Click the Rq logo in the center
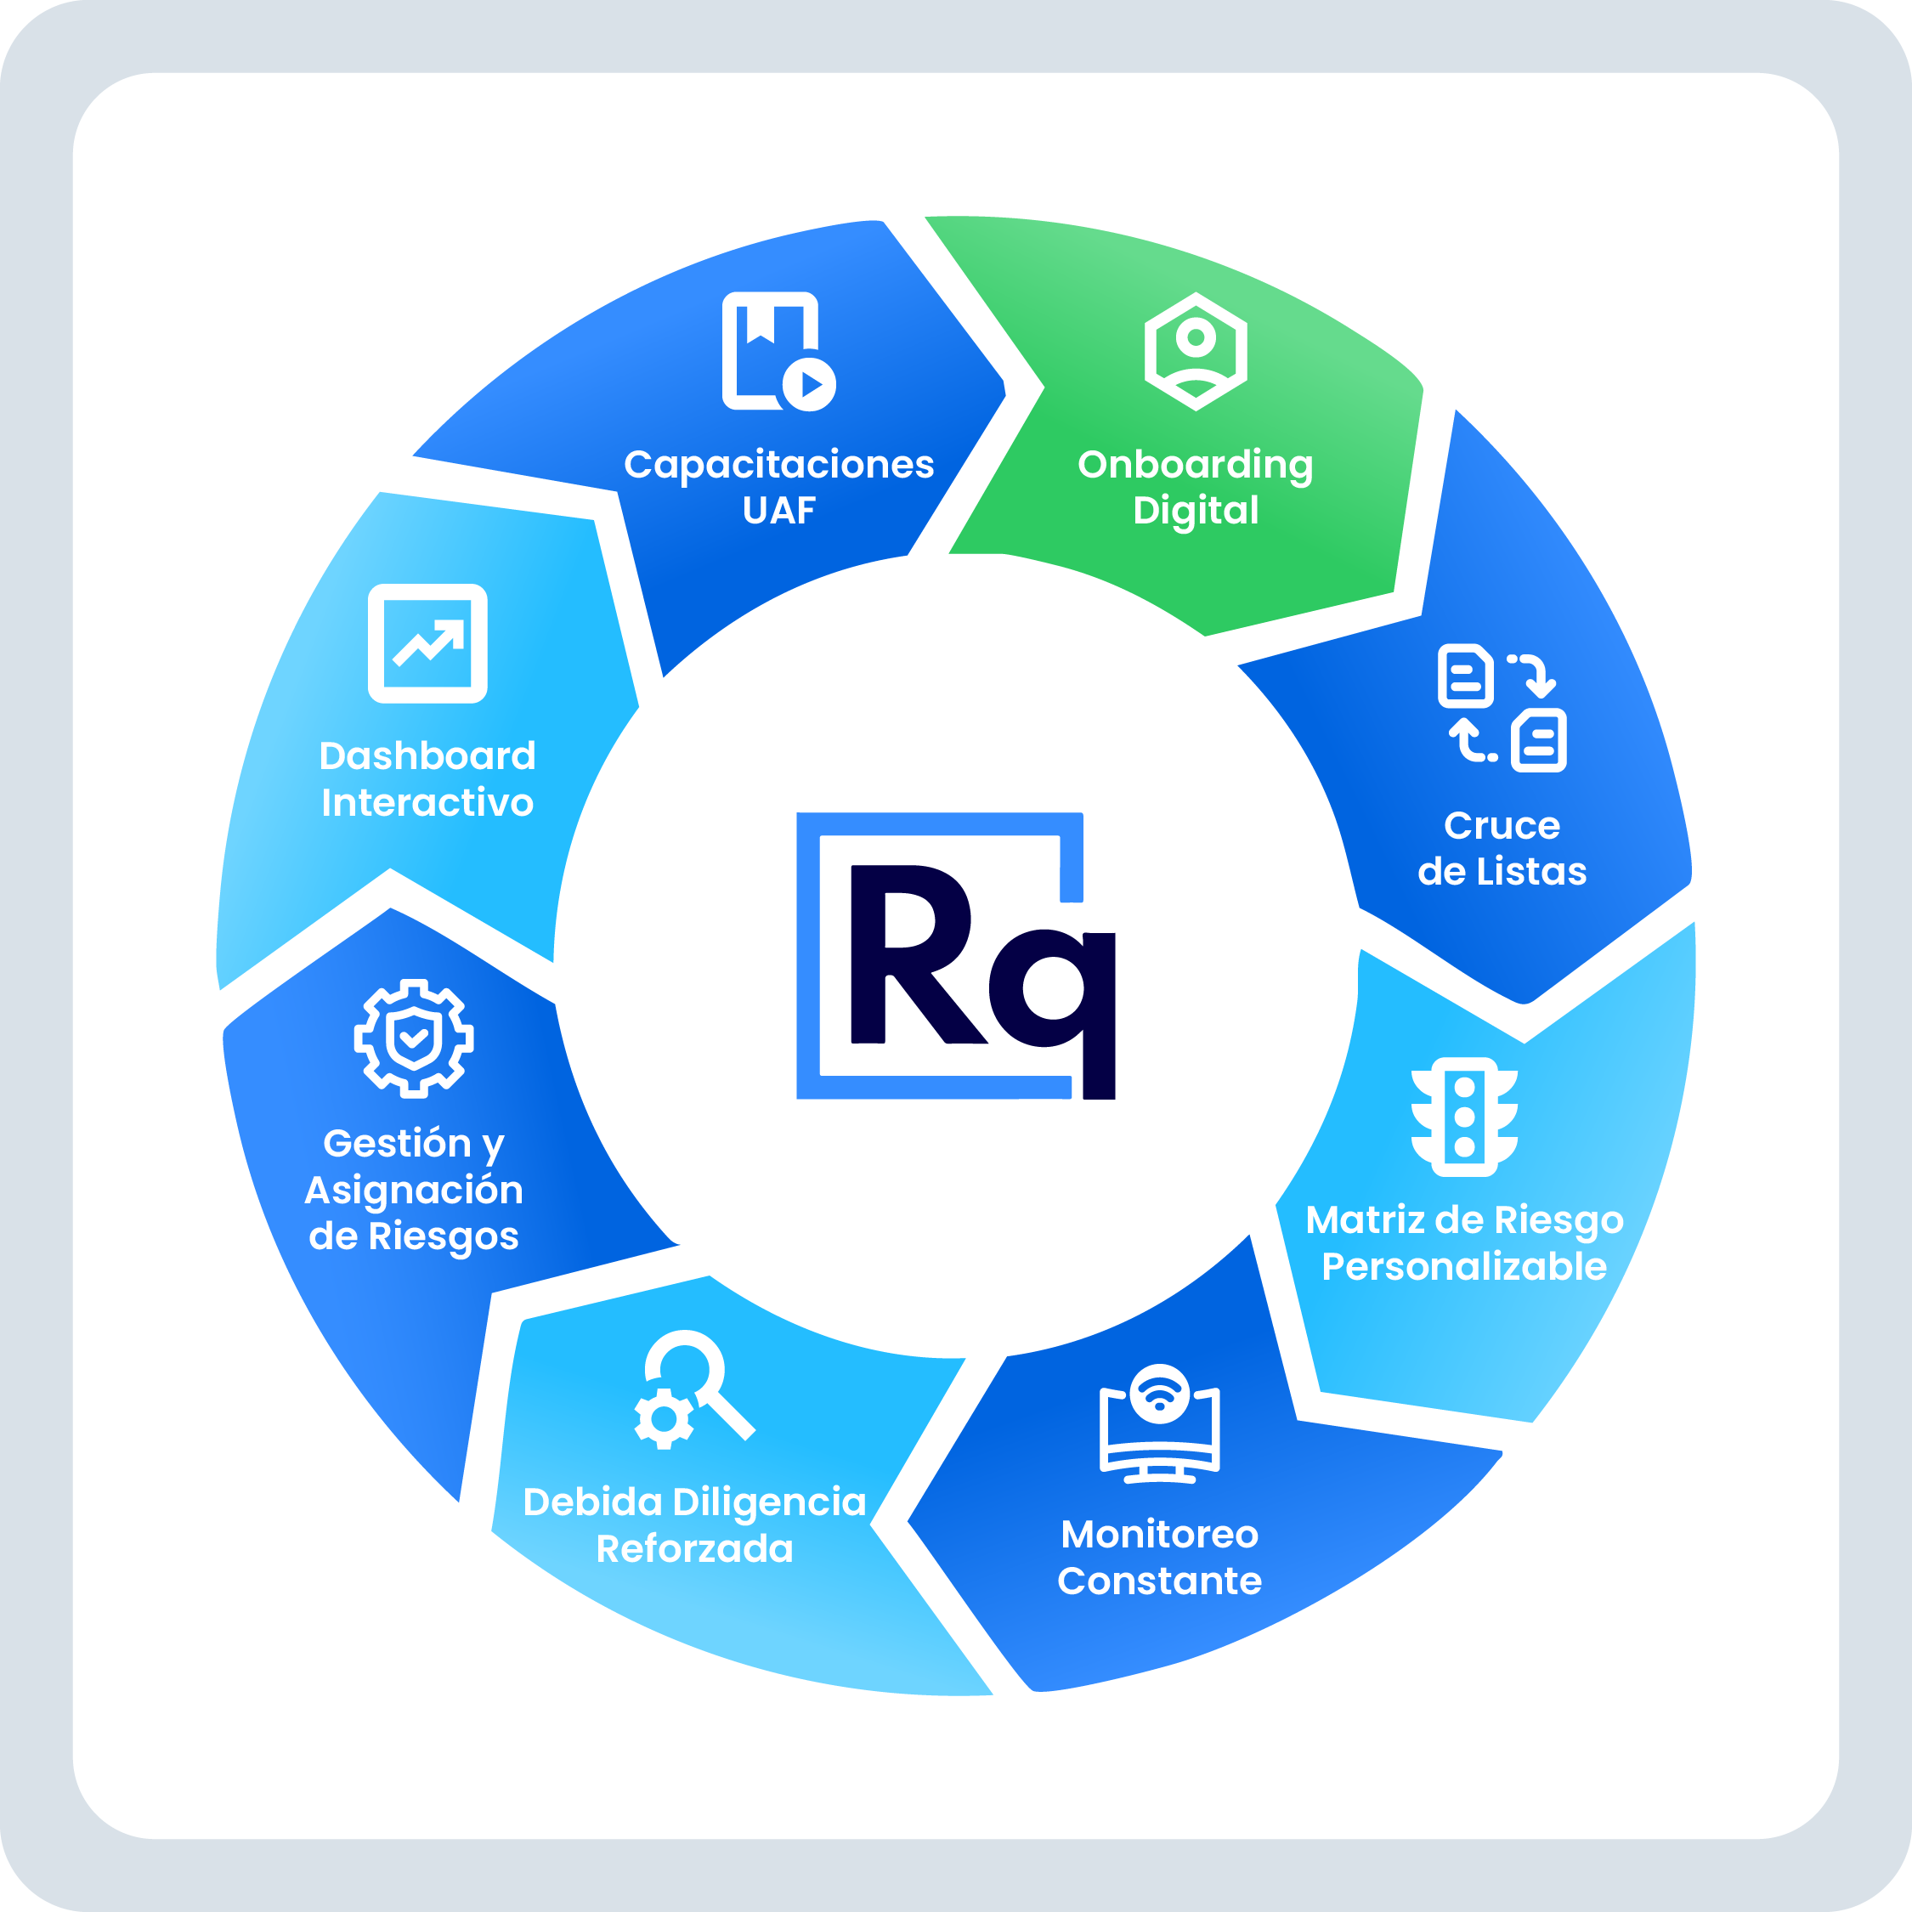click(956, 956)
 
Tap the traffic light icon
click(1465, 1117)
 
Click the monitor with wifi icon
click(1160, 1423)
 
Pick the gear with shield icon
click(414, 1038)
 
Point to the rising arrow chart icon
click(427, 643)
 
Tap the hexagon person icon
click(1196, 351)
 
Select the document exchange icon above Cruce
click(1502, 708)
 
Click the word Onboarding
click(1196, 465)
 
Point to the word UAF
click(779, 511)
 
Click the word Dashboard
click(427, 756)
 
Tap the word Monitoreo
click(1160, 1534)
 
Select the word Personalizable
click(1465, 1267)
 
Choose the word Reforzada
click(695, 1549)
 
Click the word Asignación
click(414, 1190)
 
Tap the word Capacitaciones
click(779, 465)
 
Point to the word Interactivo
click(427, 802)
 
